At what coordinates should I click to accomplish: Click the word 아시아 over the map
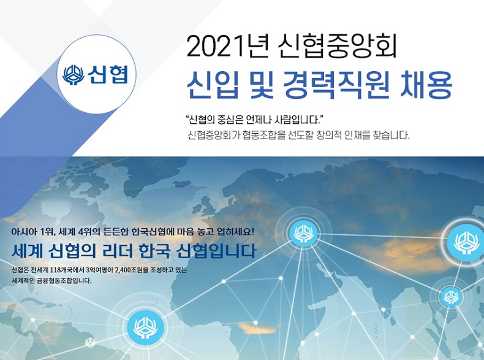click(x=24, y=233)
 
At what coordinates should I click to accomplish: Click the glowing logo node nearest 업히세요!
click(x=301, y=234)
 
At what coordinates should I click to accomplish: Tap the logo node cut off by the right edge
click(x=468, y=242)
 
